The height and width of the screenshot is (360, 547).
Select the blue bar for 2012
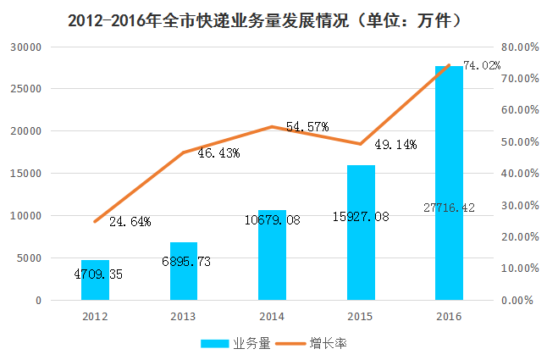click(x=95, y=280)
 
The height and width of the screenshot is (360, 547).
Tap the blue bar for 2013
click(x=184, y=271)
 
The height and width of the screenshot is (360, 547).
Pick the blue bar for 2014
click(x=272, y=255)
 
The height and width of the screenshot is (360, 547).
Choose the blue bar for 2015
click(x=361, y=233)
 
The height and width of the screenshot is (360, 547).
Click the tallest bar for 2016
click(x=449, y=183)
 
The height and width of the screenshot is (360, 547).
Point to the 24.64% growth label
click(x=130, y=222)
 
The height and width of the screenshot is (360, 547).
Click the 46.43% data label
click(x=218, y=153)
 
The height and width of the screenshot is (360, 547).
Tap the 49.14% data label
click(x=395, y=145)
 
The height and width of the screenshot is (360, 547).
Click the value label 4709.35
click(x=95, y=274)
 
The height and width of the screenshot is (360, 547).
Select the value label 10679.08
click(x=272, y=221)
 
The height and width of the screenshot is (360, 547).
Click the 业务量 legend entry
click(x=235, y=343)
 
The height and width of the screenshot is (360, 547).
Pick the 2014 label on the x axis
click(x=272, y=317)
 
